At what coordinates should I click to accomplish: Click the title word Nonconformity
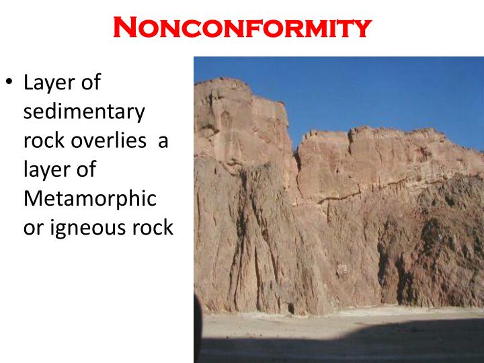pyautogui.click(x=242, y=28)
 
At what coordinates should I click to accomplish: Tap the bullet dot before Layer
pyautogui.click(x=9, y=83)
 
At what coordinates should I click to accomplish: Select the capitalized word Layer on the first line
pyautogui.click(x=50, y=83)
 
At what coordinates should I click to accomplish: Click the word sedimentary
pyautogui.click(x=84, y=112)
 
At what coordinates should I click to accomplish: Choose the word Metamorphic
pyautogui.click(x=89, y=198)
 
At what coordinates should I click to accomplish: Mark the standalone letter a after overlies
pyautogui.click(x=162, y=140)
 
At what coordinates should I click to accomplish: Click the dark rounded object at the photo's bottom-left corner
pyautogui.click(x=198, y=323)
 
